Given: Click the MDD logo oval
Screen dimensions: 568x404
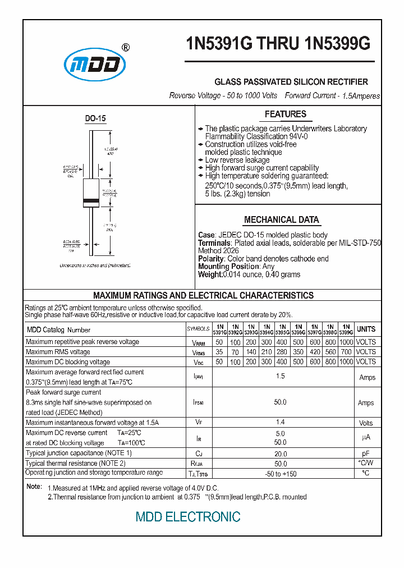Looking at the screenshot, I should tap(94, 66).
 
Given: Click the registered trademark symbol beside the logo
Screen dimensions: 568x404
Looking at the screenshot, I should tap(126, 48).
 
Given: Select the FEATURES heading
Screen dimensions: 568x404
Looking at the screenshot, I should tap(285, 114).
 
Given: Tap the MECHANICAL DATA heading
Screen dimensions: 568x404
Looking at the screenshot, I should tap(281, 220).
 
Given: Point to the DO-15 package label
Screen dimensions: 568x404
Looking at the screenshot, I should tap(95, 118).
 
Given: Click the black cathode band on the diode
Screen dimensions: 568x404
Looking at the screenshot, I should tap(91, 200).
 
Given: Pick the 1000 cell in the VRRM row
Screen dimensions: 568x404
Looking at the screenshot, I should tap(346, 342).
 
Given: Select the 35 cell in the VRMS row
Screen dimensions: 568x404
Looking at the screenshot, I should tap(219, 352).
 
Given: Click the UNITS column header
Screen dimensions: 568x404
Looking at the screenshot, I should tap(366, 329).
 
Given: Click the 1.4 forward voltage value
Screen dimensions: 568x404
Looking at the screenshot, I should tap(280, 423).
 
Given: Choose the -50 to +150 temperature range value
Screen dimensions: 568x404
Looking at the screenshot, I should tap(280, 474).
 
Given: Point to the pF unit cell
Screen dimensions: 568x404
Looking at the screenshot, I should tap(366, 454).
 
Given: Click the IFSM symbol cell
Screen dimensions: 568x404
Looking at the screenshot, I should tap(198, 402).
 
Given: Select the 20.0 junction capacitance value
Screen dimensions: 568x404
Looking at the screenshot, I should tap(280, 454).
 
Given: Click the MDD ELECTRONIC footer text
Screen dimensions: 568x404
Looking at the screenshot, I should tap(188, 517).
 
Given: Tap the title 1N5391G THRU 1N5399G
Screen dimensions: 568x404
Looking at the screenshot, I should tap(278, 45).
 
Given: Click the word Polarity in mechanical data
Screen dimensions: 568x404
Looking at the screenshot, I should tap(212, 259).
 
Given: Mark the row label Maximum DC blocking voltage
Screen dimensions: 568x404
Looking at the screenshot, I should tap(68, 362).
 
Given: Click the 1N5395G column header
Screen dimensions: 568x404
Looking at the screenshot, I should tap(283, 329).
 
